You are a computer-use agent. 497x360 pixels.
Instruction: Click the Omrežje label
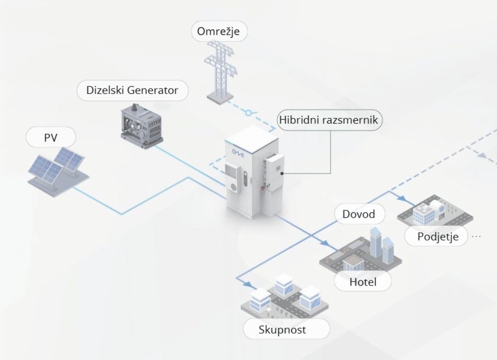click(219, 31)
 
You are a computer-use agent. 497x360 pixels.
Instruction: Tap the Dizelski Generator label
click(132, 90)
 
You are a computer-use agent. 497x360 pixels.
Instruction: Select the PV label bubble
click(51, 137)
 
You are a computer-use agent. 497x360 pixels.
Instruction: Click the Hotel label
click(363, 282)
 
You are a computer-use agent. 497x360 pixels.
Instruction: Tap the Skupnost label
click(286, 329)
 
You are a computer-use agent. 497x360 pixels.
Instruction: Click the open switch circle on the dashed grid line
click(248, 113)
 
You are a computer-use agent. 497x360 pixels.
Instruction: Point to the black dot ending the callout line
click(281, 174)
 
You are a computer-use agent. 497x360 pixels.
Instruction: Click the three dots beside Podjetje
click(476, 236)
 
